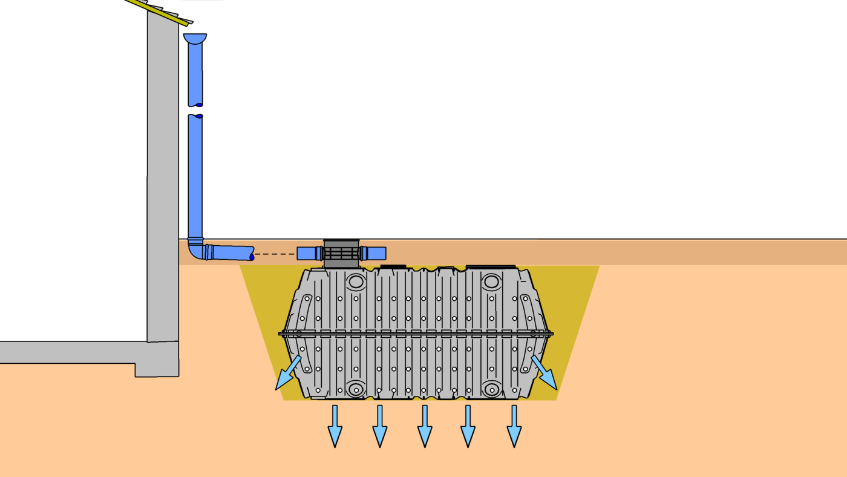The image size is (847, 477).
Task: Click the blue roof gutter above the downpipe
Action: pyautogui.click(x=195, y=38)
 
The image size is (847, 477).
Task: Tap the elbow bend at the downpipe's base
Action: pyautogui.click(x=195, y=249)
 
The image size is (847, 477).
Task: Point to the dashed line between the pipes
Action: pyautogui.click(x=275, y=254)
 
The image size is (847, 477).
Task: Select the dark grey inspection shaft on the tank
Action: pyautogui.click(x=341, y=254)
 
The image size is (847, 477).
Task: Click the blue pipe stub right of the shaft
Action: pyautogui.click(x=374, y=253)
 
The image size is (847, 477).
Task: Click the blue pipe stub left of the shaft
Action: pyautogui.click(x=309, y=253)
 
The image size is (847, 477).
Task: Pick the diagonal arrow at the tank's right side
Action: pyautogui.click(x=544, y=372)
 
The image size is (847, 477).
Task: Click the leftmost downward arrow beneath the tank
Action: pyautogui.click(x=335, y=427)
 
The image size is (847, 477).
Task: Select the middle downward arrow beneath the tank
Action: pyautogui.click(x=425, y=427)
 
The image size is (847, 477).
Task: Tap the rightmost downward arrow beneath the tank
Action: pyautogui.click(x=514, y=427)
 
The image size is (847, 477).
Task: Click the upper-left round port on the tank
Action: pyautogui.click(x=356, y=281)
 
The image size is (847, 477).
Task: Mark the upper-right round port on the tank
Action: pyautogui.click(x=491, y=281)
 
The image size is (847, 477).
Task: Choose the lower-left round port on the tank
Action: pyautogui.click(x=356, y=389)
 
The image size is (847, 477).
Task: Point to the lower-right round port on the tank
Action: pyautogui.click(x=491, y=389)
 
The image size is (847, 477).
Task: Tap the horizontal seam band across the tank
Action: pyautogui.click(x=416, y=334)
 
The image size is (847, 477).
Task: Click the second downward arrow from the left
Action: pyautogui.click(x=380, y=427)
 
